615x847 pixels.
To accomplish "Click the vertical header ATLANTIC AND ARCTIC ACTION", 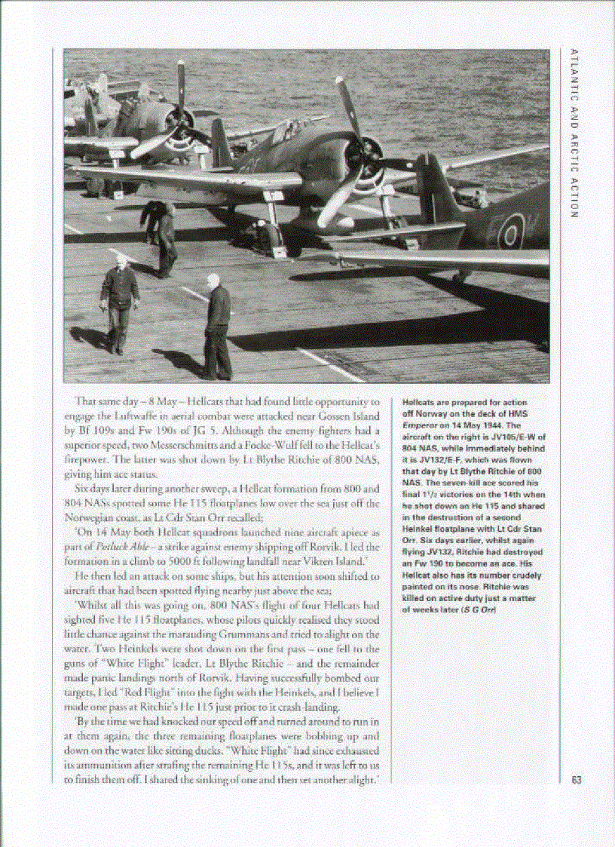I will point(574,133).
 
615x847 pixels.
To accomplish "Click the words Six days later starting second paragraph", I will point(105,488).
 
